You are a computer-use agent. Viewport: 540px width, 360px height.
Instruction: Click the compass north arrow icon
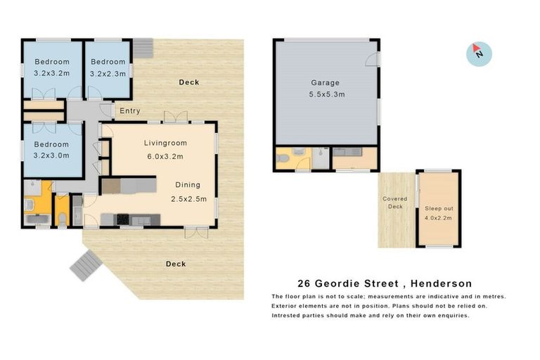click(x=479, y=53)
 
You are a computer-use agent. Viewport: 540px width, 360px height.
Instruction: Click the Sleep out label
click(x=438, y=208)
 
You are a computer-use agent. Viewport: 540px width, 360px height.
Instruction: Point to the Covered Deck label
click(x=394, y=202)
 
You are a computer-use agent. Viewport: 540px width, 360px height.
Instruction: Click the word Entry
click(x=130, y=111)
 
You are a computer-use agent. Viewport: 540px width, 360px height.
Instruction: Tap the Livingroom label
click(x=164, y=143)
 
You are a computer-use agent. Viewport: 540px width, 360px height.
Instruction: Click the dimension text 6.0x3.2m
click(x=164, y=156)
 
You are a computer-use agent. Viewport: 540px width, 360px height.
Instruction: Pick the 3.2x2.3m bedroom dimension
click(x=108, y=73)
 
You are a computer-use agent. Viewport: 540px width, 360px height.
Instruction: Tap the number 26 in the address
click(x=304, y=284)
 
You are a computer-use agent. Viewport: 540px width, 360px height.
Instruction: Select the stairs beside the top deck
click(x=143, y=47)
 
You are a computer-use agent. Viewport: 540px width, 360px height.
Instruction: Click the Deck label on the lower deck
click(x=175, y=264)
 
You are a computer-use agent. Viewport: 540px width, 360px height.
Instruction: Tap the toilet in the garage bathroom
click(x=283, y=159)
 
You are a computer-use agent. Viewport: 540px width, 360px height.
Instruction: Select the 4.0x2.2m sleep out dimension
click(x=438, y=218)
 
